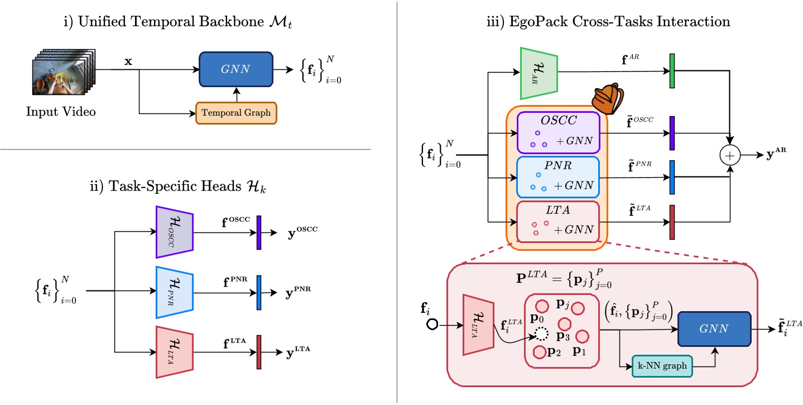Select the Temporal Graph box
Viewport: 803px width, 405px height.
pos(236,112)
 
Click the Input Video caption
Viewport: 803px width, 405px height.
pos(61,112)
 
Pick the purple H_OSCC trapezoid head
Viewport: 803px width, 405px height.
pos(175,232)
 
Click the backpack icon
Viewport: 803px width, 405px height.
pos(607,99)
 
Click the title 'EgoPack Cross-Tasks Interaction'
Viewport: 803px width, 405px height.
pos(609,22)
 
